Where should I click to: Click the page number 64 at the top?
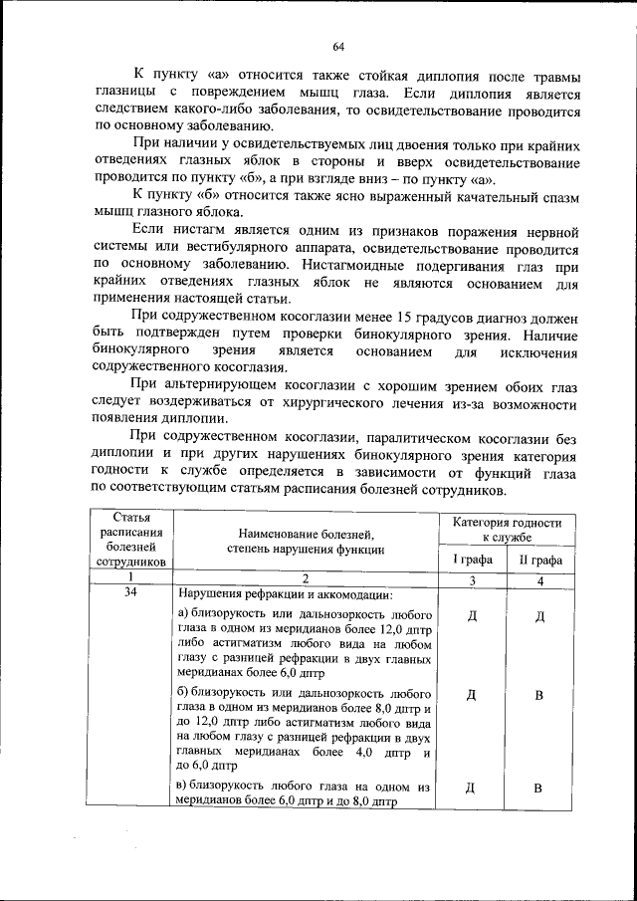337,47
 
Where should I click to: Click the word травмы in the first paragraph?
551,76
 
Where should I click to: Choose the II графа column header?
539,560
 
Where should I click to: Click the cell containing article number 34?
129,592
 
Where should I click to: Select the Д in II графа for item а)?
539,615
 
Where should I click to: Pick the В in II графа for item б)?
539,695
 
